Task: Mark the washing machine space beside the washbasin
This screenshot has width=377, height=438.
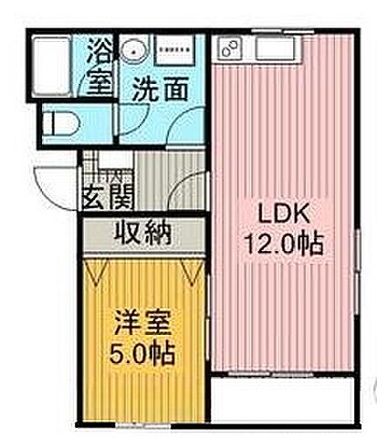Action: [173, 50]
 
